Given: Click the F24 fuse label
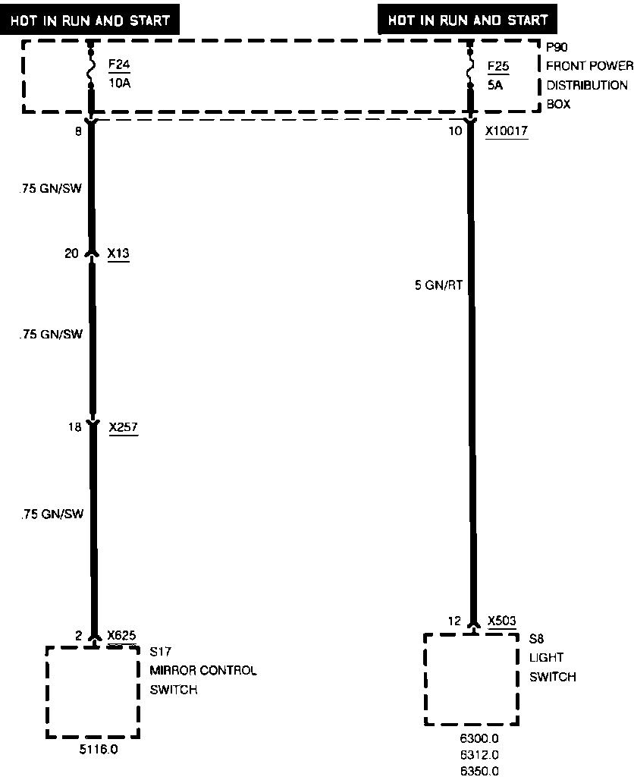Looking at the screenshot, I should tap(119, 65).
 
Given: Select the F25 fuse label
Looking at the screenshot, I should tap(498, 66).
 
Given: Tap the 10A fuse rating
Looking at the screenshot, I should tap(119, 83).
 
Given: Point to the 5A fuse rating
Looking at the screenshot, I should tap(496, 85).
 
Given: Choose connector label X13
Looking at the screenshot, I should tap(118, 253).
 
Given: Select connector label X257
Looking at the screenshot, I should tap(124, 428).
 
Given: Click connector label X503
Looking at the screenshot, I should tap(502, 621).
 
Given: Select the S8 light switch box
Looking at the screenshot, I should tap(471, 678).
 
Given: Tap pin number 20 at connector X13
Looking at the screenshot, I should tap(71, 253).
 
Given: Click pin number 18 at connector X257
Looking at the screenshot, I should tap(74, 428).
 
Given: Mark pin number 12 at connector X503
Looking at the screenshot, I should tap(454, 621).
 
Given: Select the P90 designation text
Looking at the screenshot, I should tap(557, 46).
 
